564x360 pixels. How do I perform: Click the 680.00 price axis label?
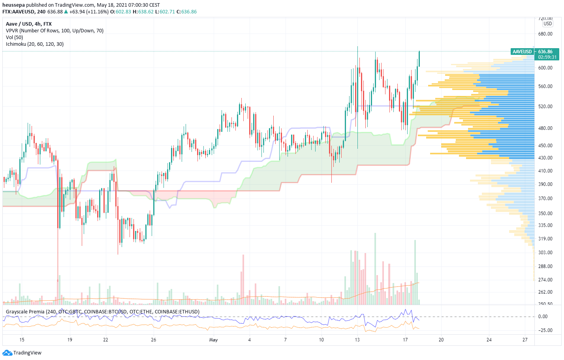[545, 34]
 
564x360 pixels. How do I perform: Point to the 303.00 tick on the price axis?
[545, 253]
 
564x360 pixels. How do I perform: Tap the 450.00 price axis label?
[545, 146]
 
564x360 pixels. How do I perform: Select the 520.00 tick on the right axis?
[545, 107]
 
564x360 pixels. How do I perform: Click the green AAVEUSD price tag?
[522, 52]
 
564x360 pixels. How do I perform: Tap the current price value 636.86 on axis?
[545, 52]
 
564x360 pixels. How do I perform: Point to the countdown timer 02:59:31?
[547, 57]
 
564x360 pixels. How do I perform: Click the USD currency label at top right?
[547, 24]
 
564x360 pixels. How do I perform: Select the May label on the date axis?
[213, 340]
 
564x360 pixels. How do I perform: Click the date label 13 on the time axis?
[357, 340]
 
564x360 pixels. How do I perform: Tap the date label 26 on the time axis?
[154, 340]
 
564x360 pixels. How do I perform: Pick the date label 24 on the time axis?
[489, 340]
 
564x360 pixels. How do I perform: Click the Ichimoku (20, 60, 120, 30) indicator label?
[35, 44]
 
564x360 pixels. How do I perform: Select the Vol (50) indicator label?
[15, 37]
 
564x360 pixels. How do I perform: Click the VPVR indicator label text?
[55, 31]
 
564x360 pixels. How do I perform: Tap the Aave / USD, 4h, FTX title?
[29, 24]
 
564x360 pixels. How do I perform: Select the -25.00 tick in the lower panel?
[545, 330]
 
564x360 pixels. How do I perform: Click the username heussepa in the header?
[13, 5]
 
